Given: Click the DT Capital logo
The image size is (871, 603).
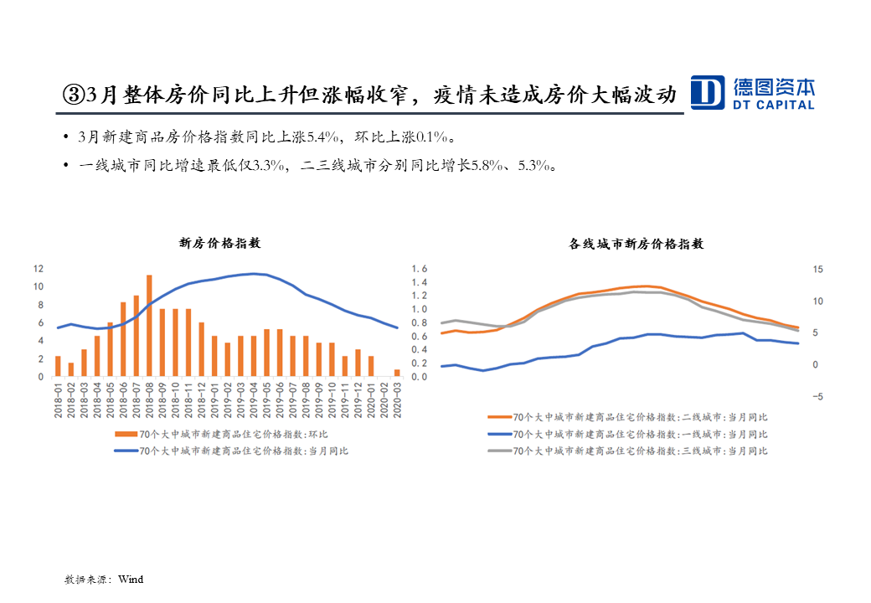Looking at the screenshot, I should click(x=751, y=92).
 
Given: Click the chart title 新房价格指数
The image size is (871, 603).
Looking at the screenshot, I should click(x=220, y=243).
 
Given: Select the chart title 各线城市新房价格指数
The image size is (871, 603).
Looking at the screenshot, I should click(x=636, y=244).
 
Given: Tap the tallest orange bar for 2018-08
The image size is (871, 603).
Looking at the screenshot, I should click(x=149, y=326).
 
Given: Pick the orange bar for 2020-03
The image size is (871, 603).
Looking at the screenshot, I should click(x=397, y=373).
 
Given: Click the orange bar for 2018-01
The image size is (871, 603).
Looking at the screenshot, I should click(x=58, y=366).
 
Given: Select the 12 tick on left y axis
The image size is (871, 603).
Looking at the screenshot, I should click(x=38, y=269).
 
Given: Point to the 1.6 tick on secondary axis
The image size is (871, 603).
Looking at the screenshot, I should click(x=419, y=269).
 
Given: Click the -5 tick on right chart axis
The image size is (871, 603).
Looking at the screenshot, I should click(x=817, y=397).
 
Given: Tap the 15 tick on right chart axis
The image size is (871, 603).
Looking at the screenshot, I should click(x=818, y=269).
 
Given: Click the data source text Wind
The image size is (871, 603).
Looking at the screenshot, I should click(x=131, y=579).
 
